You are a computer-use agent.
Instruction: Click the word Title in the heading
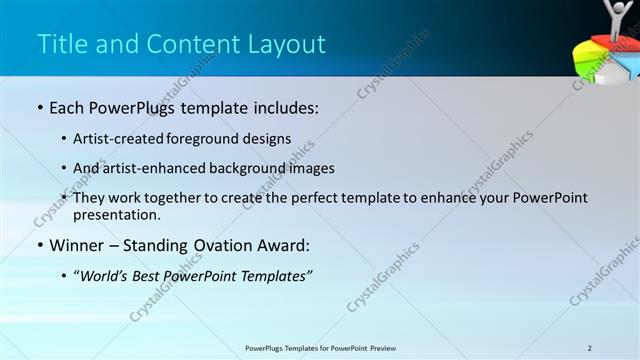tap(59, 45)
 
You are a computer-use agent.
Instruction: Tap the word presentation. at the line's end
tap(116, 214)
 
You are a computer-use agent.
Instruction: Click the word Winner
tap(79, 245)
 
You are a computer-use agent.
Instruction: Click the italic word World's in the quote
tap(110, 275)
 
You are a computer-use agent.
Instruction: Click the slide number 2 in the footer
tap(590, 347)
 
